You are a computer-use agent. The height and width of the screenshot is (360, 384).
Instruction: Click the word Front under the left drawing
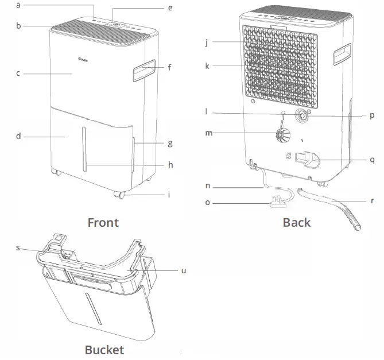point(103,223)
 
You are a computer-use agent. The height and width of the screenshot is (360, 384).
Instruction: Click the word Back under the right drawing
point(296,223)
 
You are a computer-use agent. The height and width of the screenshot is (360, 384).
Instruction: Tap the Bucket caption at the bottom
point(104,350)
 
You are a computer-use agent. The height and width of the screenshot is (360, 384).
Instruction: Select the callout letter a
point(18,5)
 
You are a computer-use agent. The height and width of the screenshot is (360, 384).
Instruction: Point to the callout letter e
point(170,8)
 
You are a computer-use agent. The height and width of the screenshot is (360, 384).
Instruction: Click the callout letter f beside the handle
point(170,67)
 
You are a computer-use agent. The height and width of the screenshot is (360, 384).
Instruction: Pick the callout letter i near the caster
point(169,195)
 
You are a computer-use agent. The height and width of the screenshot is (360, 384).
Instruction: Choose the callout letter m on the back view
point(209,133)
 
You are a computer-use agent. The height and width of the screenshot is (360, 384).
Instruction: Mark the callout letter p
point(372,115)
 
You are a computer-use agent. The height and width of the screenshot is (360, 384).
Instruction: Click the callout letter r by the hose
point(372,202)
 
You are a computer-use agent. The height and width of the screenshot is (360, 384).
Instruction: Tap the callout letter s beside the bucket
point(18,247)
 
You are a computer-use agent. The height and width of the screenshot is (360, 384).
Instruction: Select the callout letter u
point(184,270)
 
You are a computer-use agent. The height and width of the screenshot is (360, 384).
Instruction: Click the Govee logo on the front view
point(82,57)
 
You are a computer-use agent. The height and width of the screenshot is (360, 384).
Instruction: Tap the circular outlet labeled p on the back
point(301,115)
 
